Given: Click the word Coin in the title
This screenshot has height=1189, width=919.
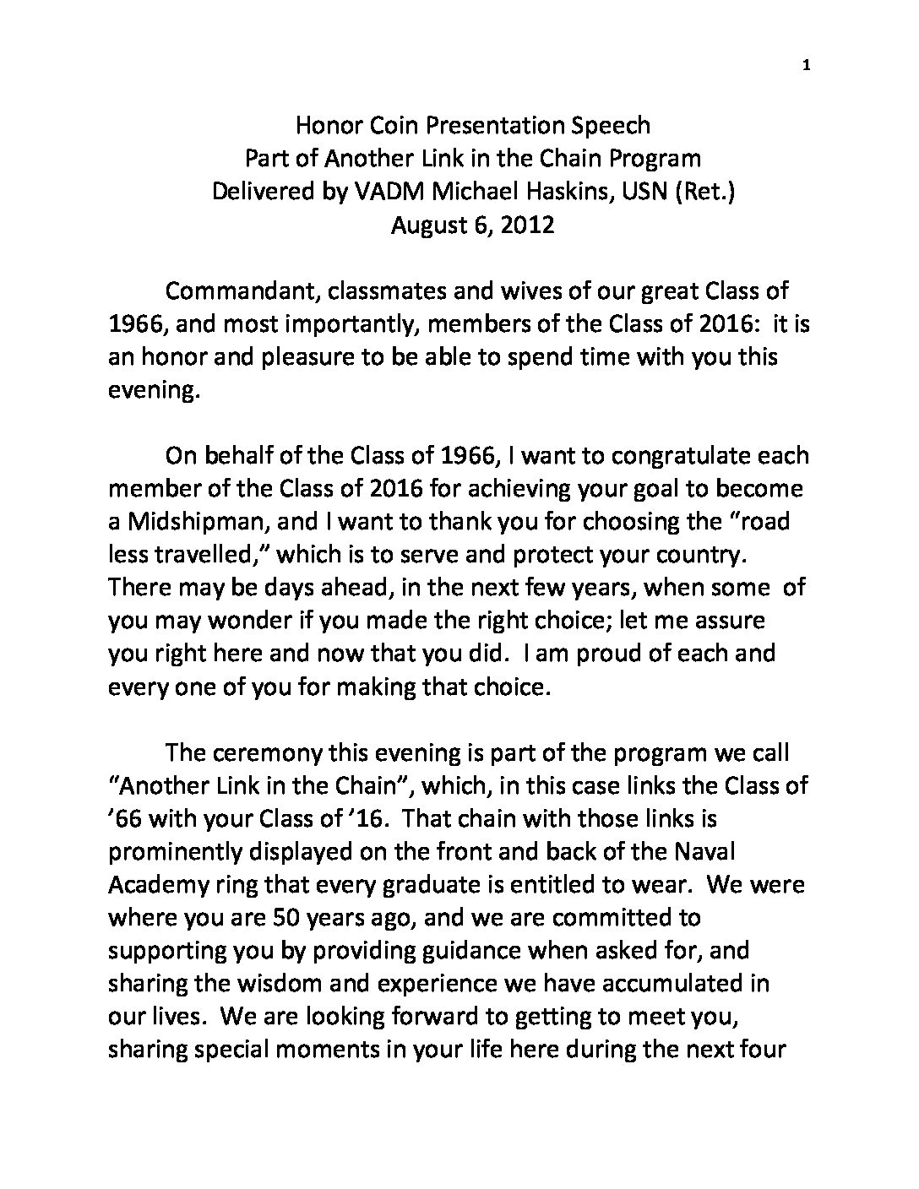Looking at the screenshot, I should pyautogui.click(x=392, y=126).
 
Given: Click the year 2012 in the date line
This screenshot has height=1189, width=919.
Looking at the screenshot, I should pyautogui.click(x=526, y=225).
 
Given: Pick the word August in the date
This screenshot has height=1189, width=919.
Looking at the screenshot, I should pyautogui.click(x=431, y=225).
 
